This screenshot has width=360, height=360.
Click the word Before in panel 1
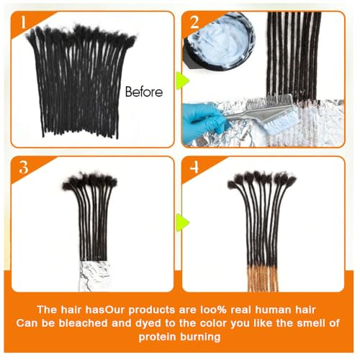coord(143,91)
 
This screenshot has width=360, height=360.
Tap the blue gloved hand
coord(205,115)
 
